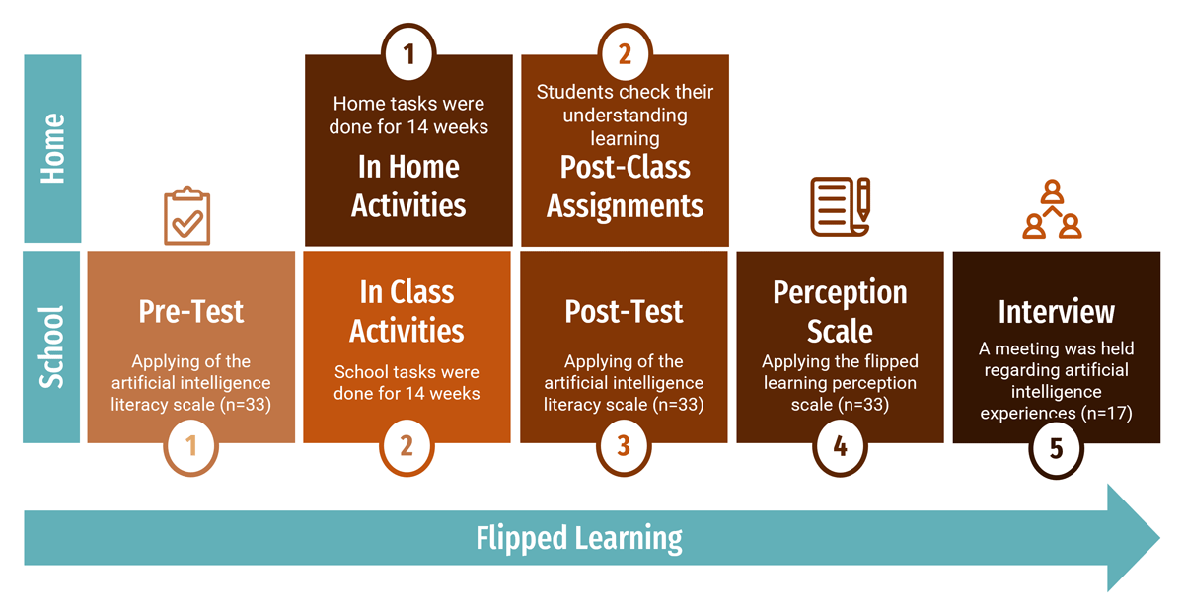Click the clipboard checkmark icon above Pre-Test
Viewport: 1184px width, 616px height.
187,216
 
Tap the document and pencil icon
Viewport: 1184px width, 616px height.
841,206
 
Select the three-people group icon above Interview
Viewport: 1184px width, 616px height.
1052,209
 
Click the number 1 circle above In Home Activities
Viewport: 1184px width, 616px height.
408,52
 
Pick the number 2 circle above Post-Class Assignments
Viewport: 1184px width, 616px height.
626,52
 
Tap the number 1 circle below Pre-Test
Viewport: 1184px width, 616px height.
190,447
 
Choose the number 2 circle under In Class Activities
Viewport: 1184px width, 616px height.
407,447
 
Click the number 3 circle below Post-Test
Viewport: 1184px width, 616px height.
624,447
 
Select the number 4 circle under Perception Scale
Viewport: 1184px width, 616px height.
840,447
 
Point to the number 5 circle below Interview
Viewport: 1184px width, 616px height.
1056,449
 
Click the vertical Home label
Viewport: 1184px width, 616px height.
53,149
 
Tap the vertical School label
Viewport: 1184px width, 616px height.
51,346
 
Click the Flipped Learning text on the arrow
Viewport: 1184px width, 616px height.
579,539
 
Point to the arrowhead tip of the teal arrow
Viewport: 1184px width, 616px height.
1159,538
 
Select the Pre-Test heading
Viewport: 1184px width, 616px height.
190,311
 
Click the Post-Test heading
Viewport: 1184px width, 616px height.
624,311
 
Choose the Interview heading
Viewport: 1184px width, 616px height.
1056,311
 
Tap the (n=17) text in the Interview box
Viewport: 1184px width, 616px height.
1107,413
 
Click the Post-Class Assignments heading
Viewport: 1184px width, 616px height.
626,187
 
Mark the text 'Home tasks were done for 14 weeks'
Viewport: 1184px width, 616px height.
408,115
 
